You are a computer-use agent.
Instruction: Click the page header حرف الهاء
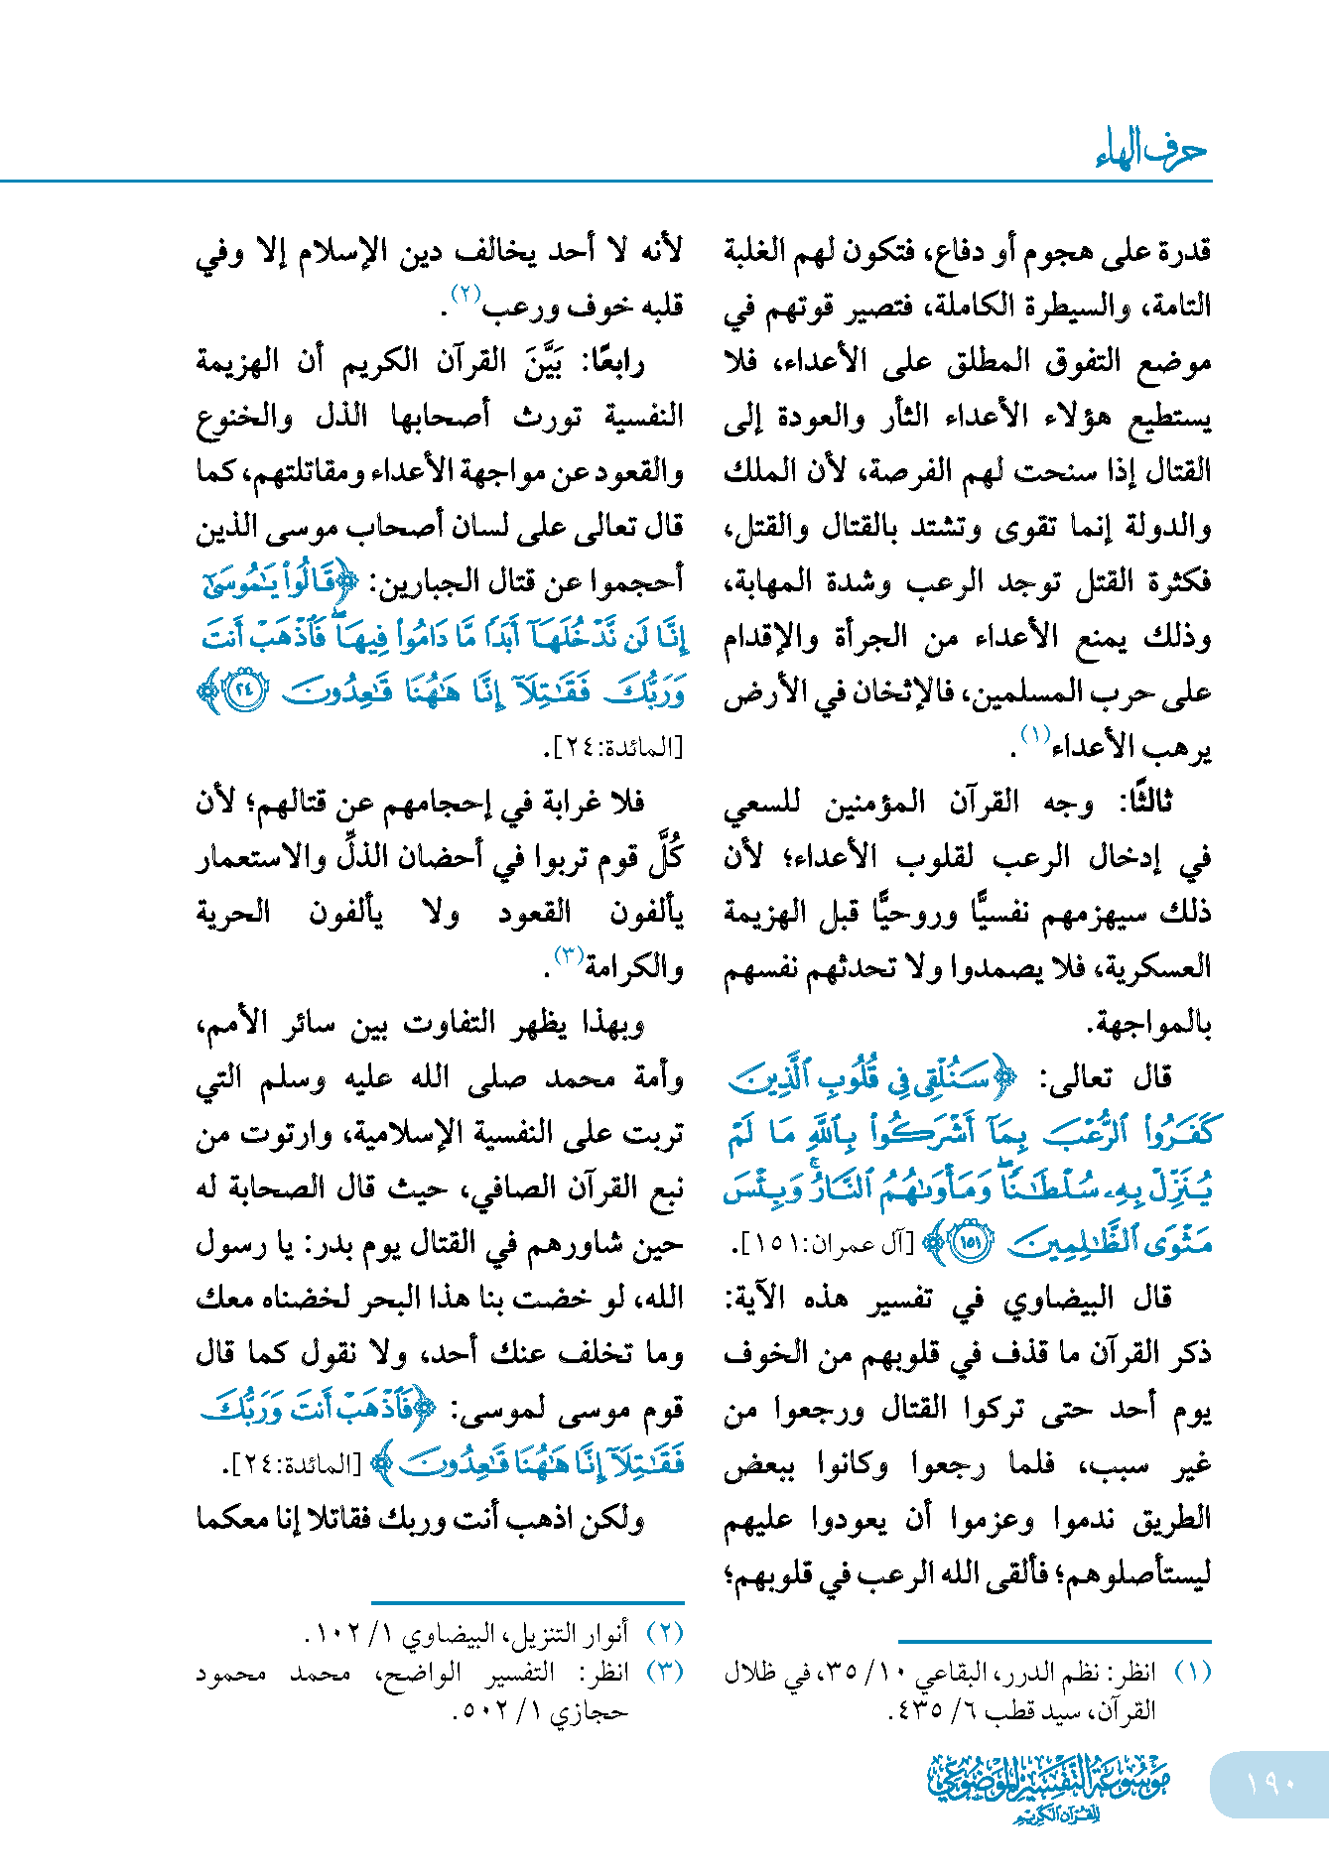1151,150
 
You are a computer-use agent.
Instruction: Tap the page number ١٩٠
1270,1783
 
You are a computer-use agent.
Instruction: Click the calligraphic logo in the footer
1048,1787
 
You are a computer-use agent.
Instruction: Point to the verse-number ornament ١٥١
970,1242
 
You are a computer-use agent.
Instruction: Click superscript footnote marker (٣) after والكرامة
570,955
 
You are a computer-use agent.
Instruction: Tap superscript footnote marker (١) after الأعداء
1036,736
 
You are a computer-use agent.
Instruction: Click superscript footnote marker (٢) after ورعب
465,294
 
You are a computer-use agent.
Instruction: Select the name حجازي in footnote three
590,1711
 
